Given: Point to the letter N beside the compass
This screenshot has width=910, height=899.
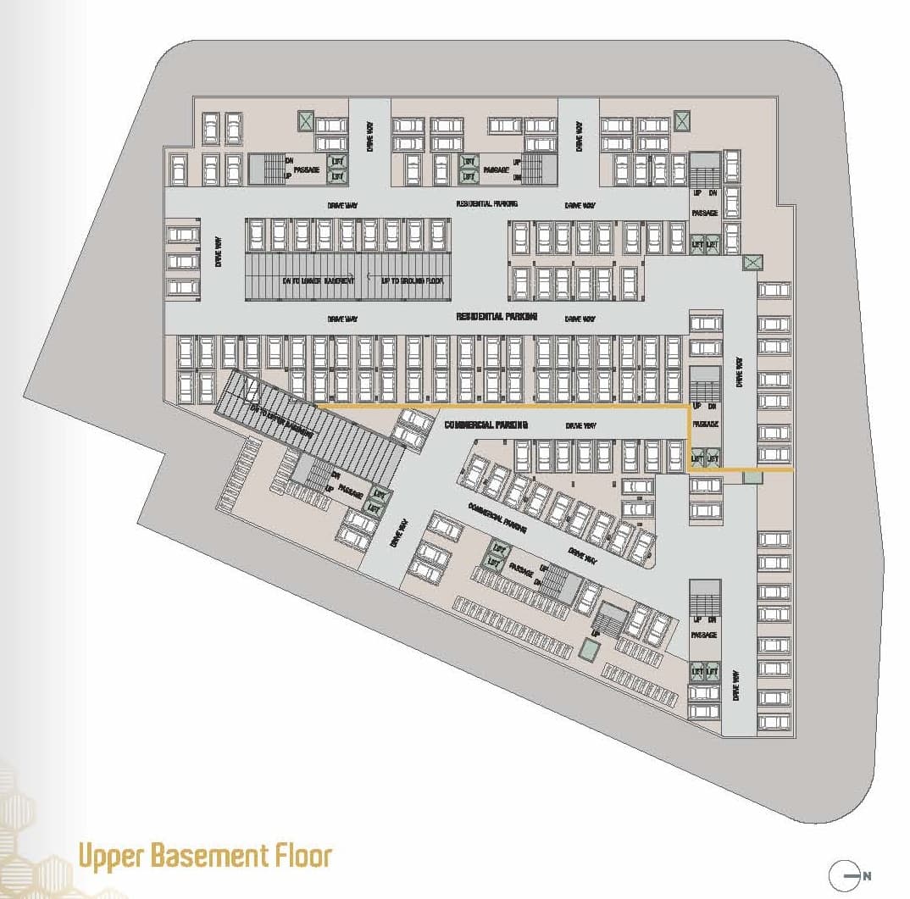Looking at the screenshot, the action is (866, 875).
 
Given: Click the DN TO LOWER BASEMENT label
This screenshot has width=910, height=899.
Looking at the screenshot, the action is (318, 280).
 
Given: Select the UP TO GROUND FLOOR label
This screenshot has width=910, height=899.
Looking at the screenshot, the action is (411, 280).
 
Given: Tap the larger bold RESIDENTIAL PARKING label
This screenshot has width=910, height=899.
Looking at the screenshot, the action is (497, 317).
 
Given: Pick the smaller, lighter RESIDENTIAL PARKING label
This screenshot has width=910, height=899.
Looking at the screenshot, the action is (486, 204).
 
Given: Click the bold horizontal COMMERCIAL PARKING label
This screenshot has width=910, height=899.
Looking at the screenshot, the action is (486, 425).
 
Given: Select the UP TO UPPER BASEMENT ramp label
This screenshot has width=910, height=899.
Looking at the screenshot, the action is (280, 420).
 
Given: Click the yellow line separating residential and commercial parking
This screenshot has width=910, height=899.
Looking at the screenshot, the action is (508, 408).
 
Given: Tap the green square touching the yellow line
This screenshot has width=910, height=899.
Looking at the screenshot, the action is (752, 478).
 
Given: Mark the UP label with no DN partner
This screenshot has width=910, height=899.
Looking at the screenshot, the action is (595, 633).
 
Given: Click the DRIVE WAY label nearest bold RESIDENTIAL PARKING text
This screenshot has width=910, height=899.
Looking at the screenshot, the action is (580, 319).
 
